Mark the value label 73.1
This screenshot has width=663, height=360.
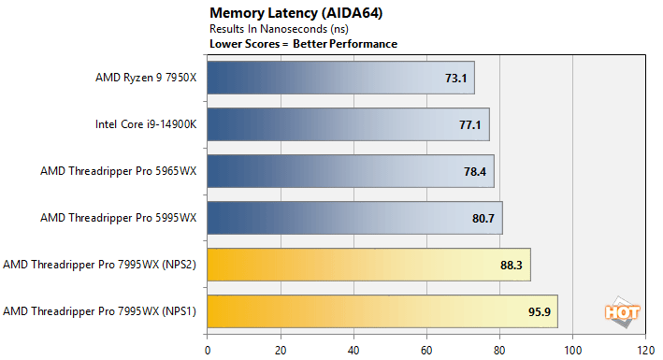(x=456, y=78)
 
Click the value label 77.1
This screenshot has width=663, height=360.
(x=471, y=124)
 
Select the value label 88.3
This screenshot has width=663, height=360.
(x=512, y=265)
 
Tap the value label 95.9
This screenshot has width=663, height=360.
(x=540, y=311)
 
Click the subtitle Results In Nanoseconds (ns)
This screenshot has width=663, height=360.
(x=268, y=30)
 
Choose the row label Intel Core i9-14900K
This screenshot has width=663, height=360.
(x=146, y=124)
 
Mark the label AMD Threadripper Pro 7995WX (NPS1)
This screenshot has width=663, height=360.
(x=100, y=311)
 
